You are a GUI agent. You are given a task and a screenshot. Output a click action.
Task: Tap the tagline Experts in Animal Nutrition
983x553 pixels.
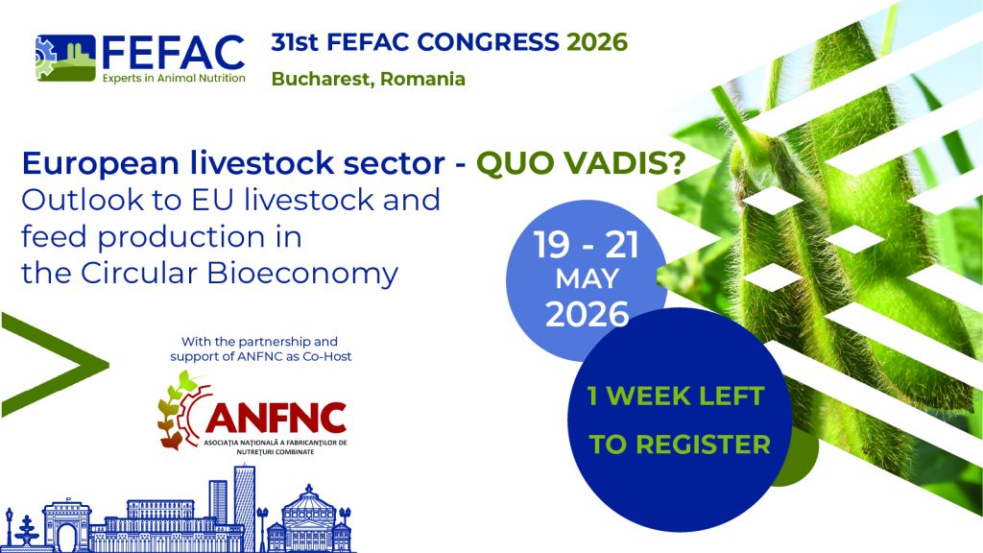[173, 78]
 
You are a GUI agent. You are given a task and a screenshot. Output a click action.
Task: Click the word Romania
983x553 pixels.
[422, 79]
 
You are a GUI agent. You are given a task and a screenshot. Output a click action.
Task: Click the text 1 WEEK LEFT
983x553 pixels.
[678, 395]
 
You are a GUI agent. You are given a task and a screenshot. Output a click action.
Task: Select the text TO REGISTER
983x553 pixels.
[680, 445]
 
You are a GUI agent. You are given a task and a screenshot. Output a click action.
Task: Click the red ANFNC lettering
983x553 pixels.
[276, 418]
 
